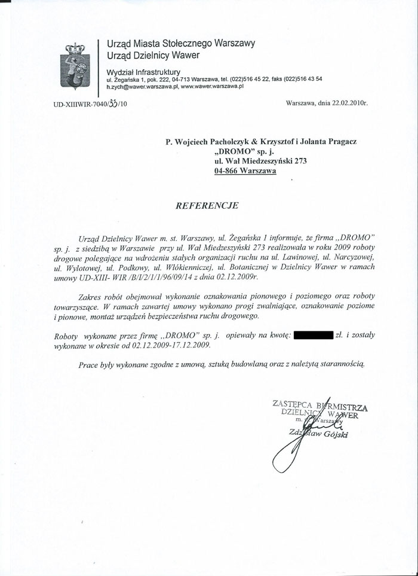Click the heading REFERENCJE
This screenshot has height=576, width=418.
click(x=207, y=205)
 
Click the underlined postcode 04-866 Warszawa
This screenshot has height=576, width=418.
click(x=245, y=170)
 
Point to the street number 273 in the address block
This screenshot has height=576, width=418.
click(x=299, y=161)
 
